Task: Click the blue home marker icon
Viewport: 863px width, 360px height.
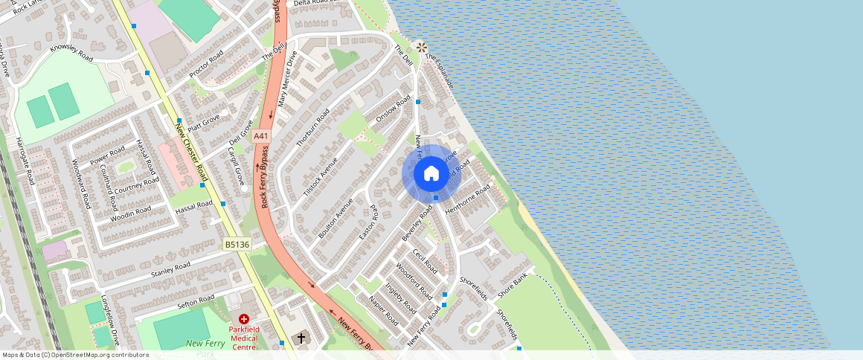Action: click(431, 174)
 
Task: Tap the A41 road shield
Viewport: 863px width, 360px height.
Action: click(260, 136)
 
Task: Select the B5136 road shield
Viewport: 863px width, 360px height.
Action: click(237, 243)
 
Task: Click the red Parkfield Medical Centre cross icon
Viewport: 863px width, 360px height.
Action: click(243, 318)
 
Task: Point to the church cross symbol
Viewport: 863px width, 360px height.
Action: click(301, 338)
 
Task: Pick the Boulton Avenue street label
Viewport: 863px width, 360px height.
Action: click(335, 218)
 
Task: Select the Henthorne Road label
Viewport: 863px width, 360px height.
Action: click(468, 199)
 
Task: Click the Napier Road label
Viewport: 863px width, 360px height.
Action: click(384, 310)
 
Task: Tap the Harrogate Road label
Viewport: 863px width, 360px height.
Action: click(23, 161)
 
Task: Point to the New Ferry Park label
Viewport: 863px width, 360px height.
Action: click(205, 348)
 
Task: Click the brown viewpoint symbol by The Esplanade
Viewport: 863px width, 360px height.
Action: click(421, 47)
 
